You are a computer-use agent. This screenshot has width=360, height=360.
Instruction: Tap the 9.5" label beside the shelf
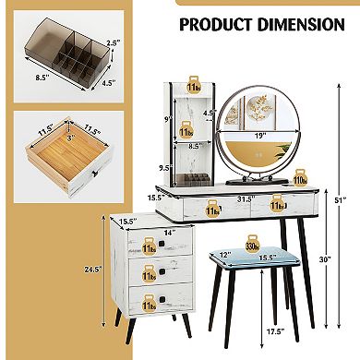click(x=165, y=169)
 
